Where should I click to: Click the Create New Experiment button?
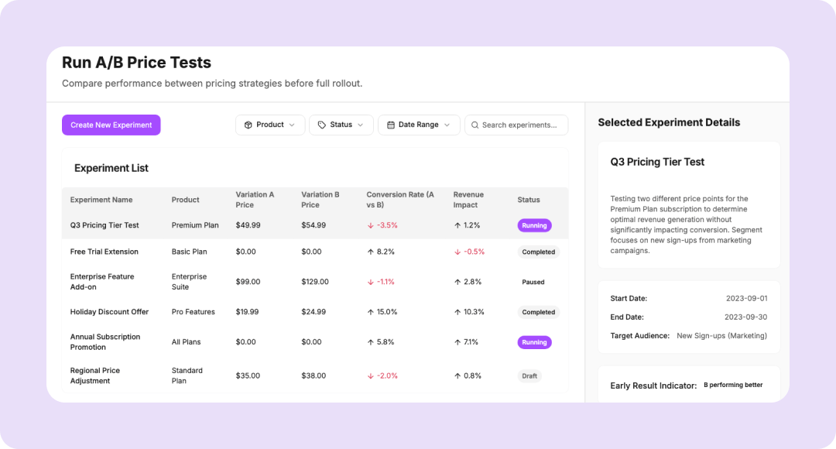pyautogui.click(x=111, y=125)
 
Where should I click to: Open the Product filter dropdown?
pyautogui.click(x=269, y=125)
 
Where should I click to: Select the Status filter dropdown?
pyautogui.click(x=341, y=125)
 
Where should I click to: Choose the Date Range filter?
pyautogui.click(x=418, y=125)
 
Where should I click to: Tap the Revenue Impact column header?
pyautogui.click(x=468, y=200)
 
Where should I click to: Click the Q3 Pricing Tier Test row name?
pyautogui.click(x=104, y=225)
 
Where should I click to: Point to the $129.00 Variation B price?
pyautogui.click(x=315, y=282)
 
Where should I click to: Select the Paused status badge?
pyautogui.click(x=533, y=282)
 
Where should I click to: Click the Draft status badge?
pyautogui.click(x=529, y=376)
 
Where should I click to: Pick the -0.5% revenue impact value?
pyautogui.click(x=469, y=252)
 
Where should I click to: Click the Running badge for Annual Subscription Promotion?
pyautogui.click(x=534, y=342)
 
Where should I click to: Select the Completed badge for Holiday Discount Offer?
pyautogui.click(x=538, y=312)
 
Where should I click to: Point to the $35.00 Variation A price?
pyautogui.click(x=248, y=375)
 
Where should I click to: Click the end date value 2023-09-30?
pyautogui.click(x=746, y=317)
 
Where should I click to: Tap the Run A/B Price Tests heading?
pyautogui.click(x=136, y=63)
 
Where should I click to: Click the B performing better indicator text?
pyautogui.click(x=732, y=385)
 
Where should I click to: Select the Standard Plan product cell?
pyautogui.click(x=187, y=375)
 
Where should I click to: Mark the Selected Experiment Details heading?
pyautogui.click(x=669, y=122)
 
